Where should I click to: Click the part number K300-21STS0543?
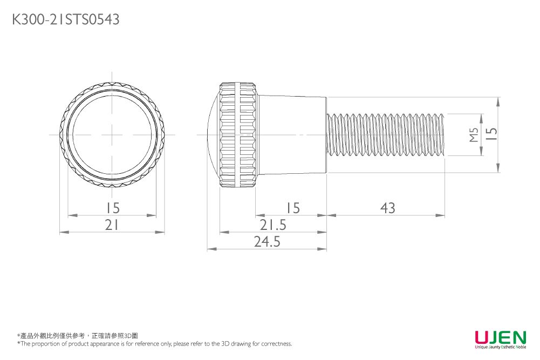(66, 20)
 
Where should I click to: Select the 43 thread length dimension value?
(387, 208)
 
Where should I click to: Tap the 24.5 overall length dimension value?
(267, 242)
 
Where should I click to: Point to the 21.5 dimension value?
(273, 225)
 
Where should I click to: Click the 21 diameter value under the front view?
(112, 225)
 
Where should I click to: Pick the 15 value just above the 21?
(112, 208)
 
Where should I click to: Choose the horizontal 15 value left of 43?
(292, 208)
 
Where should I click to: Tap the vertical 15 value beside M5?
(490, 134)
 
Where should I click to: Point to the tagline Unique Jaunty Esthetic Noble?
(500, 347)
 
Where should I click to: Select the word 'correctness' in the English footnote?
(277, 344)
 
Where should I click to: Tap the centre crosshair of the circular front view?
(112, 134)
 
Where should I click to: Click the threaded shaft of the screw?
(386, 134)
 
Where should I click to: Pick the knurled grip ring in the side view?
(237, 134)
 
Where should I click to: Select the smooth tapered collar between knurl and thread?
(291, 134)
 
